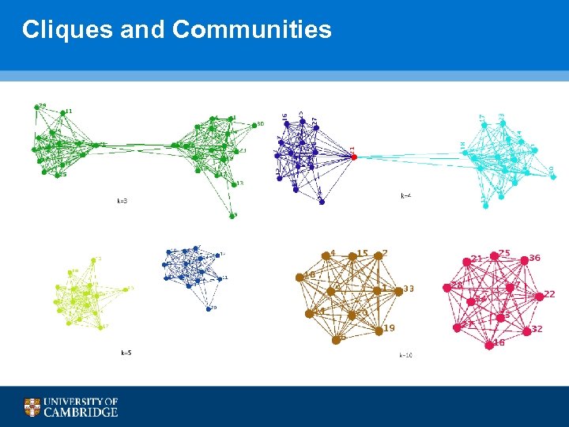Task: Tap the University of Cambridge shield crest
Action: pyautogui.click(x=32, y=407)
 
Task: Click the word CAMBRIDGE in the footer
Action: pyautogui.click(x=81, y=412)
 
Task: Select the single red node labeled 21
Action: pyautogui.click(x=354, y=157)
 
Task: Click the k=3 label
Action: pyautogui.click(x=122, y=201)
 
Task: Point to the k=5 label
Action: pyautogui.click(x=126, y=352)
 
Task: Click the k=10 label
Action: pyautogui.click(x=405, y=355)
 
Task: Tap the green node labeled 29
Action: pyautogui.click(x=37, y=108)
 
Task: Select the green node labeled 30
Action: pyautogui.click(x=252, y=125)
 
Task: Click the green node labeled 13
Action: pyautogui.click(x=234, y=184)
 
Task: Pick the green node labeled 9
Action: pyautogui.click(x=233, y=215)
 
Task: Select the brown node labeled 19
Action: pyautogui.click(x=379, y=331)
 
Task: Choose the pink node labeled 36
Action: pyautogui.click(x=522, y=259)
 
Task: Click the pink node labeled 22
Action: pyautogui.click(x=539, y=296)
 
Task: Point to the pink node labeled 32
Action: pyautogui.click(x=527, y=329)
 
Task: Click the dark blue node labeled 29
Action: pyautogui.click(x=209, y=308)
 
